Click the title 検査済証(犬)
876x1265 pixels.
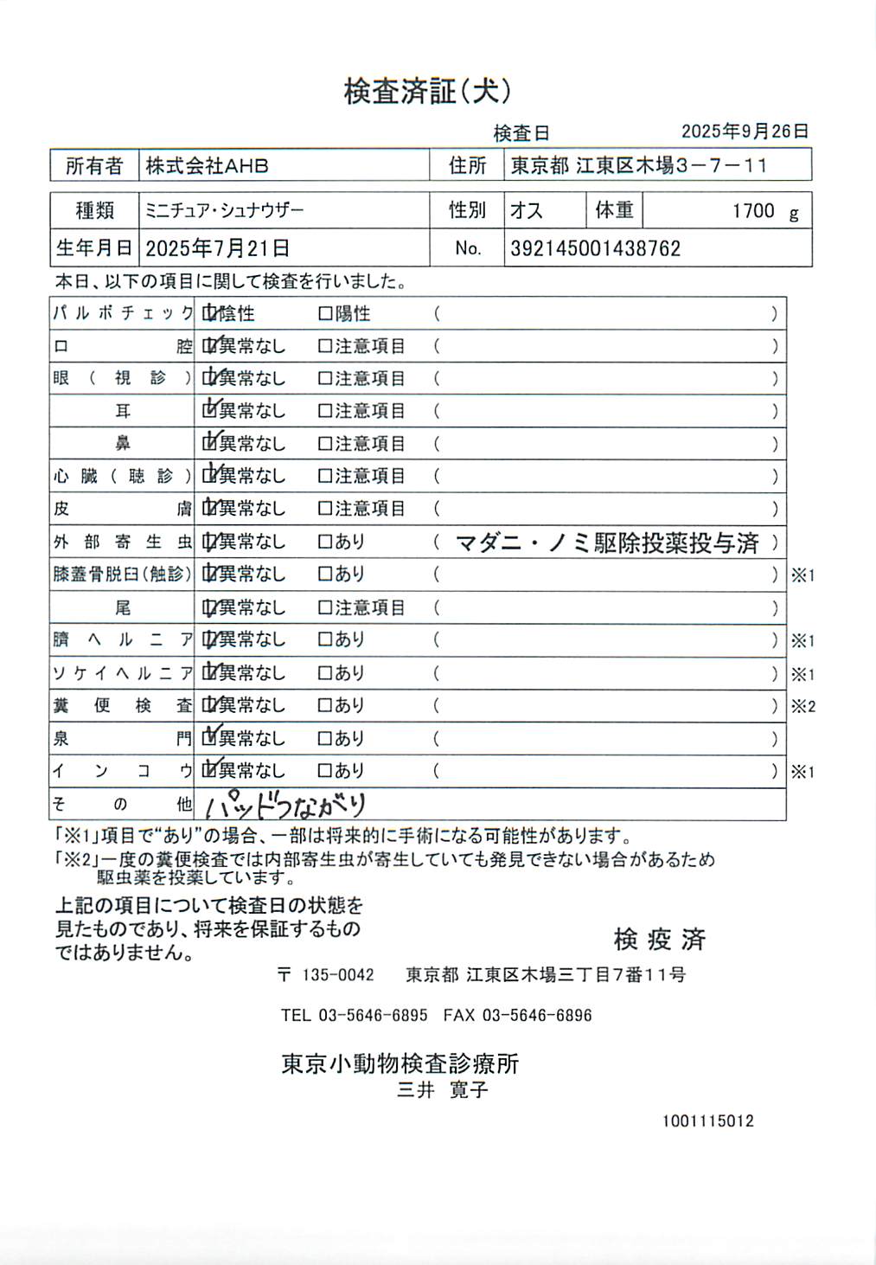click(x=427, y=91)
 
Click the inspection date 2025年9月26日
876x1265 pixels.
click(x=745, y=132)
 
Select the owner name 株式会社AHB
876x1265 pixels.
click(x=207, y=165)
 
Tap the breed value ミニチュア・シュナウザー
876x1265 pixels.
click(x=224, y=210)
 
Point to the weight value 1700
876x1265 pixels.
click(x=753, y=211)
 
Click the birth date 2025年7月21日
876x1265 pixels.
click(x=217, y=248)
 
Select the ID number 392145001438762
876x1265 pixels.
click(x=595, y=249)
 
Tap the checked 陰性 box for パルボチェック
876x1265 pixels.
click(x=209, y=313)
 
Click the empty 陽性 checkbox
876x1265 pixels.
click(x=325, y=313)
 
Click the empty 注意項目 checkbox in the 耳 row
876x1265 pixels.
click(x=325, y=411)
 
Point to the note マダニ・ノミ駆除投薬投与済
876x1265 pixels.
click(x=606, y=543)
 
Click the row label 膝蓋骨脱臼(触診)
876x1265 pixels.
click(x=122, y=574)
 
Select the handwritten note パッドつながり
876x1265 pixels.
click(x=285, y=806)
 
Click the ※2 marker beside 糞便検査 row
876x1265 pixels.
click(x=802, y=706)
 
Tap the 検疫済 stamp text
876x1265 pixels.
click(x=659, y=939)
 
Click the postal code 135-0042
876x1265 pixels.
click(x=337, y=975)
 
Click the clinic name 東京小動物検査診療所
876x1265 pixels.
click(x=400, y=1063)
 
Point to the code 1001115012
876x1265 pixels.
click(x=707, y=1121)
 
